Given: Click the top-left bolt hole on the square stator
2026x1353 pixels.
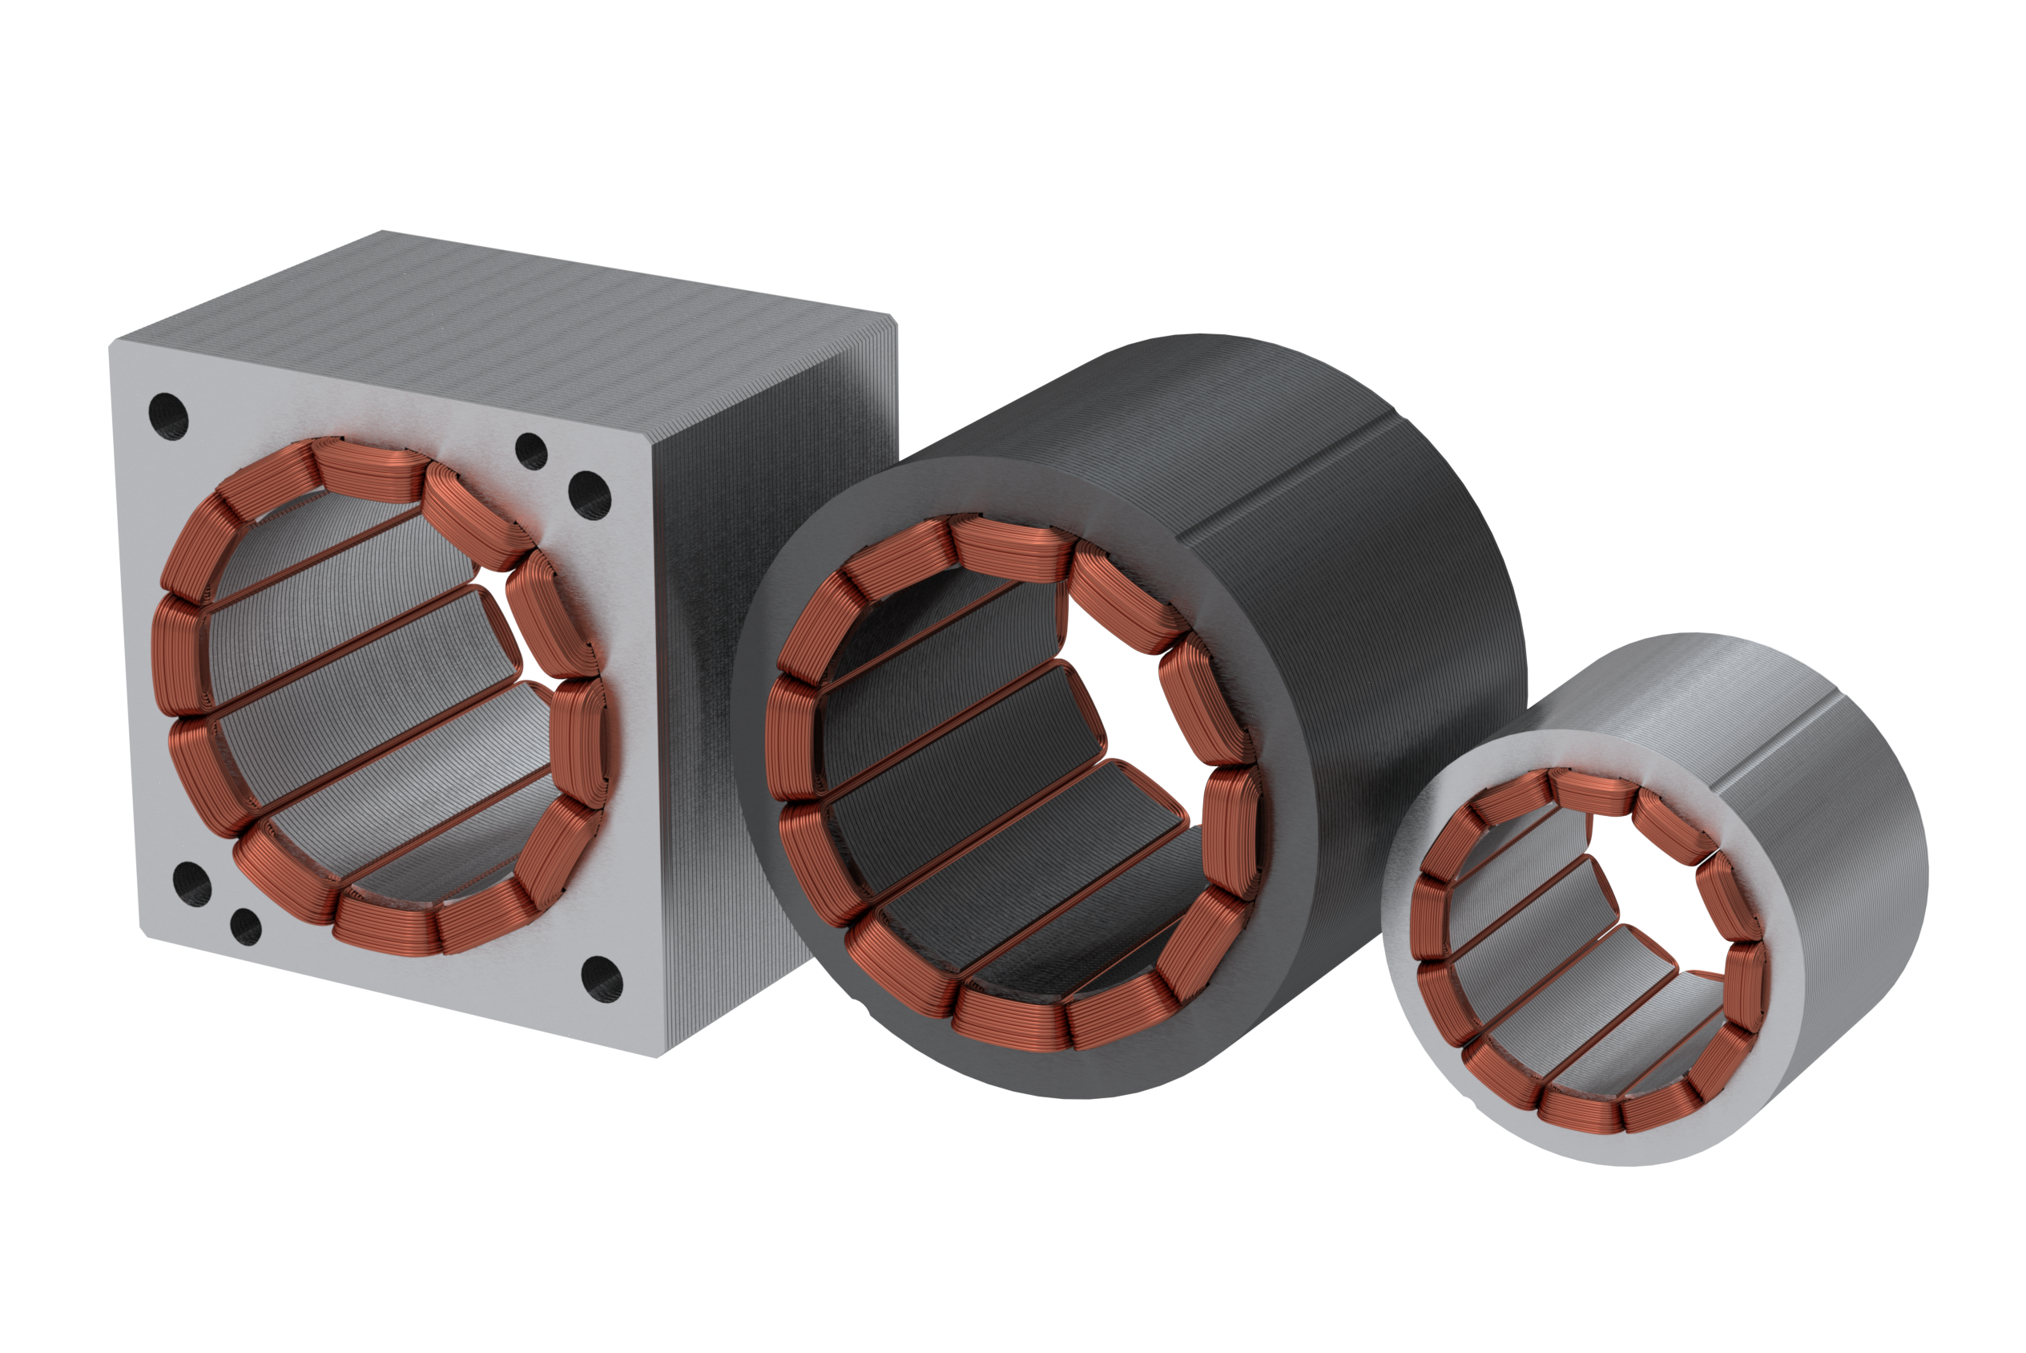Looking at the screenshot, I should tap(168, 417).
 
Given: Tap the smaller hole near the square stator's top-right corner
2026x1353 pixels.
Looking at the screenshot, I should tap(530, 451).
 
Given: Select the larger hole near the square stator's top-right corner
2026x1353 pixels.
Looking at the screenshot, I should tap(589, 496).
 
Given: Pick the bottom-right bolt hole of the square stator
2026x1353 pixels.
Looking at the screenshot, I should tap(601, 979).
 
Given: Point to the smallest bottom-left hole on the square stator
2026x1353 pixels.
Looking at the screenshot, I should tap(246, 927).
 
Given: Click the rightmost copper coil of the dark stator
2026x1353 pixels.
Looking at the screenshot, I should tap(1231, 828).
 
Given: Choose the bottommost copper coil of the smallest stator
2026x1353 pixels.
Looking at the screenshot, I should tap(1580, 1110).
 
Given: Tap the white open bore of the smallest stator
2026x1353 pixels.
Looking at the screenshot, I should tap(1669, 915).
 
